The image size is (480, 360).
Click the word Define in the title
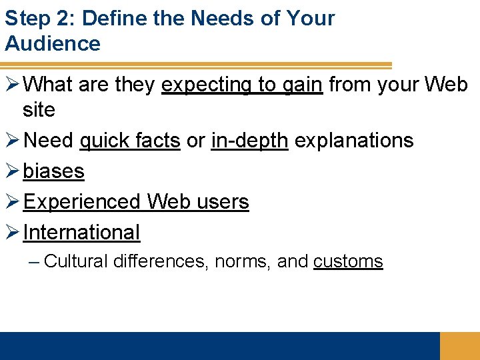point(111,18)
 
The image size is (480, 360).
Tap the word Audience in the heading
point(53,44)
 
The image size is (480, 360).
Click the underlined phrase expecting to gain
point(242,85)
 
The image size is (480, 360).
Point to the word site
point(39,110)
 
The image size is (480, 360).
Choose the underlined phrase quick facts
point(129,141)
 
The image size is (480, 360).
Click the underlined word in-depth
point(249,141)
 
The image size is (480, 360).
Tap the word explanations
point(354,141)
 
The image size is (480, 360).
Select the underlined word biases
point(53,171)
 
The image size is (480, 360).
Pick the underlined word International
point(81,233)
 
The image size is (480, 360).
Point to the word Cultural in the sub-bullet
point(75,261)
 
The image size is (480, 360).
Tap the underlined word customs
point(348,261)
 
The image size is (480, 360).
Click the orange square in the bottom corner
point(459,346)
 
